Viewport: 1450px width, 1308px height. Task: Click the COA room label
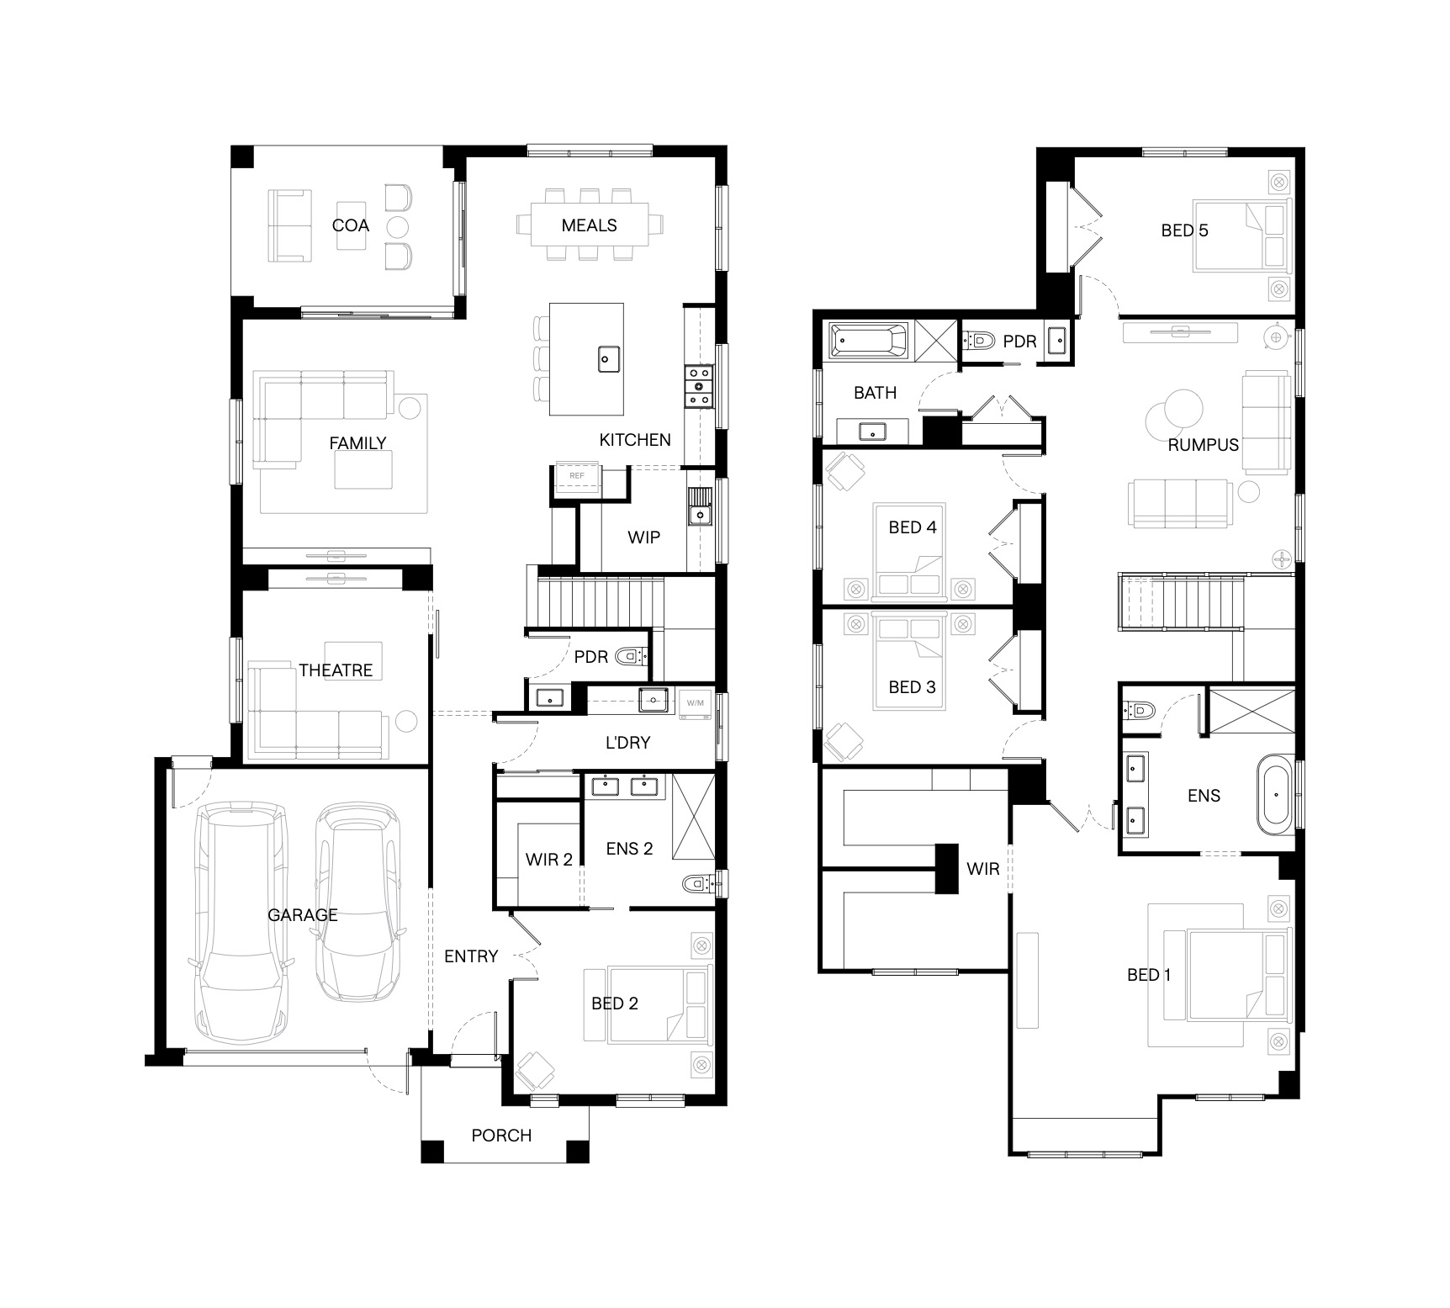pos(350,225)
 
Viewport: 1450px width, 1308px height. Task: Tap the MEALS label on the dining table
pos(589,225)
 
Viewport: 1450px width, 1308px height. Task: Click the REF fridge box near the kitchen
pos(576,476)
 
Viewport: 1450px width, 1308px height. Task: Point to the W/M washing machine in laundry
pos(696,703)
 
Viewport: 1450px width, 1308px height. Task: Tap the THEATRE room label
pos(336,670)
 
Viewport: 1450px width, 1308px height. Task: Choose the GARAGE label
pos(303,915)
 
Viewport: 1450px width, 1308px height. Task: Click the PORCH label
pos(501,1136)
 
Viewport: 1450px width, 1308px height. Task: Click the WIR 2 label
pos(549,860)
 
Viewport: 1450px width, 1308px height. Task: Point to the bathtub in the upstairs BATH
pos(869,342)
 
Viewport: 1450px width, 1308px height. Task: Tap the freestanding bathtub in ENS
pos(1276,795)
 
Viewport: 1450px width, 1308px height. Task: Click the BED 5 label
pos(1184,230)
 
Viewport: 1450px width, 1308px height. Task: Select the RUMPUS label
pos(1204,445)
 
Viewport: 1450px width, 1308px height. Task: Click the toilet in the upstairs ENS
pos(1139,712)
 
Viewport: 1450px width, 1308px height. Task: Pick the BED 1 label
pos(1149,975)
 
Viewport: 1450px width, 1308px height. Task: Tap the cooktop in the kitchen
pos(700,386)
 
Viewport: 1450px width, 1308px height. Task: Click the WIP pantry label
pos(643,537)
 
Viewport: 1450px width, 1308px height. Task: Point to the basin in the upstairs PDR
pos(1057,341)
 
